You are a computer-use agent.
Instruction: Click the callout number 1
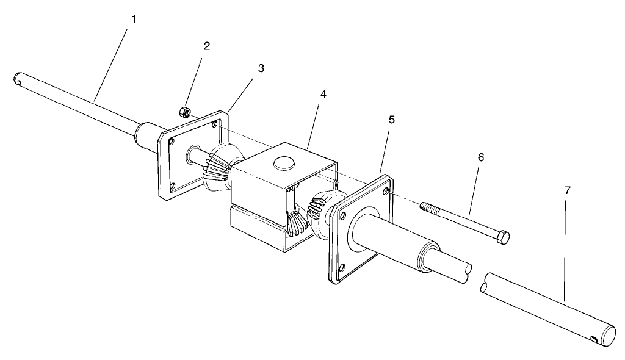pos(134,19)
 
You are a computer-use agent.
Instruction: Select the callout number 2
pos(207,46)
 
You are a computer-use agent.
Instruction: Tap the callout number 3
pos(261,68)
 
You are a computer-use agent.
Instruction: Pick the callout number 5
pos(391,120)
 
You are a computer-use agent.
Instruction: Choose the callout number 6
pos(480,157)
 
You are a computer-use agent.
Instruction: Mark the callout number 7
pos(567,190)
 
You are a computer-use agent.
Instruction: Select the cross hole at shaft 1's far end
pos(20,78)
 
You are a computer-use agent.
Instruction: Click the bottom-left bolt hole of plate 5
pos(342,266)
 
